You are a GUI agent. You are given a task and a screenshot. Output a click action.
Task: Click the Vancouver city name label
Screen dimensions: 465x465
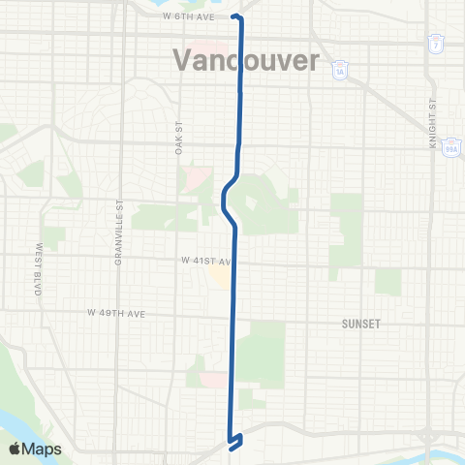(x=246, y=60)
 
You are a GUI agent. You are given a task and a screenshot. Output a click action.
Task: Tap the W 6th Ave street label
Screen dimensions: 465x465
(x=189, y=15)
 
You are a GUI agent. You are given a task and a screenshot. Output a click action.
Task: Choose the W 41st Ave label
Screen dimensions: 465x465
(x=207, y=262)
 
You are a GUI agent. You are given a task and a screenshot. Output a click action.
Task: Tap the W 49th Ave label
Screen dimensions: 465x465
(x=115, y=313)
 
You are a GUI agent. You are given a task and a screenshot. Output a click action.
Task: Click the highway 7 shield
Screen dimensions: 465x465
(x=437, y=45)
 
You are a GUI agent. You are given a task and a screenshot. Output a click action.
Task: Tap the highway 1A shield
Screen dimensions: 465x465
(x=338, y=72)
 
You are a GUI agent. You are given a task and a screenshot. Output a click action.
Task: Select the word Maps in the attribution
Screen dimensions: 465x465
(x=43, y=449)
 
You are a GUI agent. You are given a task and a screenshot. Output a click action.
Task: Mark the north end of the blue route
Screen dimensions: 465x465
(x=236, y=16)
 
